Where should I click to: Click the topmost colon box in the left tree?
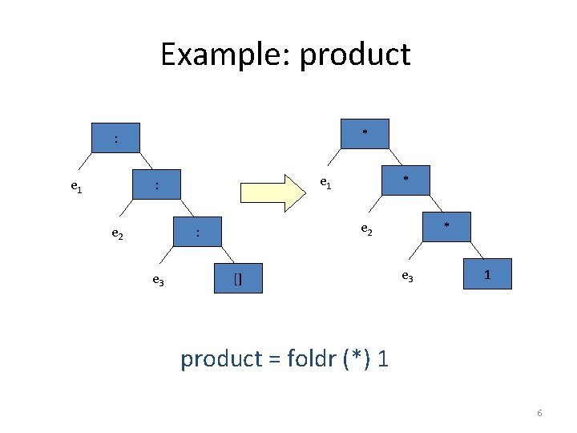[116, 140]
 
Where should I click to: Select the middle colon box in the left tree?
[157, 186]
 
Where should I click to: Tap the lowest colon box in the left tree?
[198, 233]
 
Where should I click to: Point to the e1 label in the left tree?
[76, 188]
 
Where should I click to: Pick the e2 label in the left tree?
[117, 234]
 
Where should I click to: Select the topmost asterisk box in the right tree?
[365, 133]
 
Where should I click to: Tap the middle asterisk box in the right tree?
[406, 180]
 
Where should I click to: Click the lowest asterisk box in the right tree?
[446, 226]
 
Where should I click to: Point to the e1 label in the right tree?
[325, 183]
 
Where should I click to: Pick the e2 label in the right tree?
[366, 229]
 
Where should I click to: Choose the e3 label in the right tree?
[407, 277]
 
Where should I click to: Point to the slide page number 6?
[539, 413]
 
